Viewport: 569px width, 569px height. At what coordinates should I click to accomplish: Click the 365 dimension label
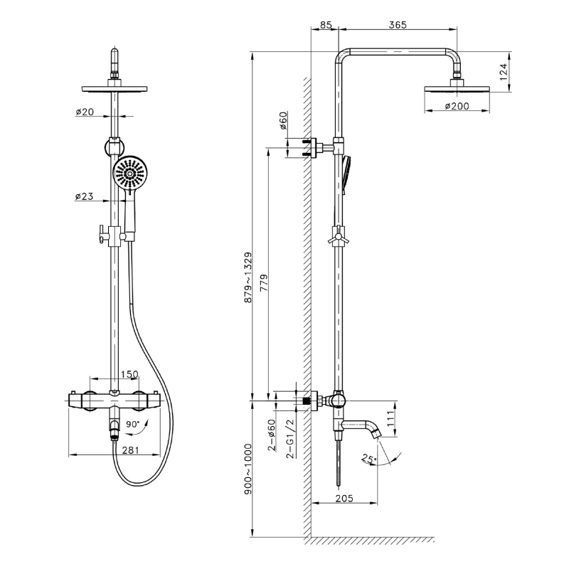398,25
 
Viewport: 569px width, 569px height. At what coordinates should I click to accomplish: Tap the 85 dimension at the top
326,25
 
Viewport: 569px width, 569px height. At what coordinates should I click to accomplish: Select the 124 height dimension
503,72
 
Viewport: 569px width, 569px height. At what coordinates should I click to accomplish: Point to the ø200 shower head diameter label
457,106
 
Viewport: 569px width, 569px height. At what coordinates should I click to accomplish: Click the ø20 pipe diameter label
85,112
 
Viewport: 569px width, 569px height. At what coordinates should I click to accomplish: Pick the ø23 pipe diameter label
84,196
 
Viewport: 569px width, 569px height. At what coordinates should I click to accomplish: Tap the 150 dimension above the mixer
129,374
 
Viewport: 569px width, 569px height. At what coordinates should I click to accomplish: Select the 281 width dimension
131,450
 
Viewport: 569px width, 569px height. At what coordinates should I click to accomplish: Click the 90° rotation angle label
133,424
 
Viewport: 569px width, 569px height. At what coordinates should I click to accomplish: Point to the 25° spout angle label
369,459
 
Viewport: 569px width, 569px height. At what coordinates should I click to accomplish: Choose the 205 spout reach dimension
344,499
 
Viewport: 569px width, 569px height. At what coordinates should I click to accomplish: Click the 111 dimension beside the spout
390,419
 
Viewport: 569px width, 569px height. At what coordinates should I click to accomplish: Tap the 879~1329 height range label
248,277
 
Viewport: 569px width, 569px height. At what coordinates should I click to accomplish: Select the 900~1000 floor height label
248,469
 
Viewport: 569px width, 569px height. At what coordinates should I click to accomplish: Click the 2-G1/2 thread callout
290,438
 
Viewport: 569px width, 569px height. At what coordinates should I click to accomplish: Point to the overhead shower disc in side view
457,88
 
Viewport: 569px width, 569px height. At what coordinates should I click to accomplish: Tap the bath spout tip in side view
378,433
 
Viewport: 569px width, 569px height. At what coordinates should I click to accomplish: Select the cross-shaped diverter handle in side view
339,238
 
